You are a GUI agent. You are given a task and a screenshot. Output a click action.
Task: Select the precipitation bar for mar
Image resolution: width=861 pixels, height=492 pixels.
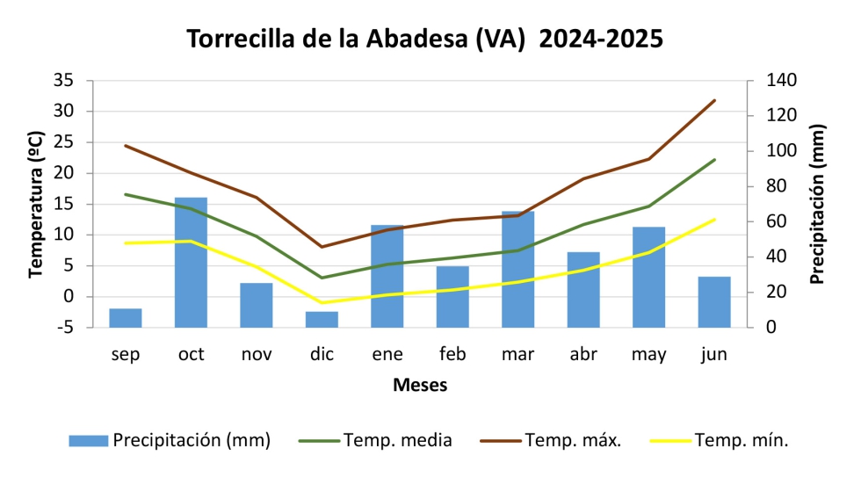coord(518,269)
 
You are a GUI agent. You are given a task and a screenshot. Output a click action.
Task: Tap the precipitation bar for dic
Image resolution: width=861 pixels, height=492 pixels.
coord(322,319)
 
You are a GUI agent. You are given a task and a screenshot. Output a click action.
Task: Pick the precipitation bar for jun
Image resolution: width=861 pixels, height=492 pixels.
coord(714,301)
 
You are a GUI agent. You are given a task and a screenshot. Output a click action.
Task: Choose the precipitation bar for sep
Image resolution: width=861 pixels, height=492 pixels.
coord(126,317)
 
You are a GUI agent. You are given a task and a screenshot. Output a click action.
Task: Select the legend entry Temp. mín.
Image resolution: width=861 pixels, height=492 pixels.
coord(742,440)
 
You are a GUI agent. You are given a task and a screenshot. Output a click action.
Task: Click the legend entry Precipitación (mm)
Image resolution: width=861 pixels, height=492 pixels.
coord(191,440)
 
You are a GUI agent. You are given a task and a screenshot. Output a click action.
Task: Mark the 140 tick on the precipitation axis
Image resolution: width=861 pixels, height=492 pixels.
coord(781,80)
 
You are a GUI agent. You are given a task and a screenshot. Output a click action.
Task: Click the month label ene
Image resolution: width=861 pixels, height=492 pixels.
coord(387,354)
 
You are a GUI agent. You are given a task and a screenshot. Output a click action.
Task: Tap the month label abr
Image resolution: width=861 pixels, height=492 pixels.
coord(583,354)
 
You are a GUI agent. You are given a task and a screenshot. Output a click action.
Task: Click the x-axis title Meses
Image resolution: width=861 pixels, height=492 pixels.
coord(419,385)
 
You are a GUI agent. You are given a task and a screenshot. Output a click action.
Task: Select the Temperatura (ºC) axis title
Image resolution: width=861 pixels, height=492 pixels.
coord(35,204)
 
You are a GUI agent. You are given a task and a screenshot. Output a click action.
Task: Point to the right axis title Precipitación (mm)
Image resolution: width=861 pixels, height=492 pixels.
coord(817,204)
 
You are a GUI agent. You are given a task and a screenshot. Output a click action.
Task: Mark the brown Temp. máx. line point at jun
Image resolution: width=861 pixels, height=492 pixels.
coord(714,100)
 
